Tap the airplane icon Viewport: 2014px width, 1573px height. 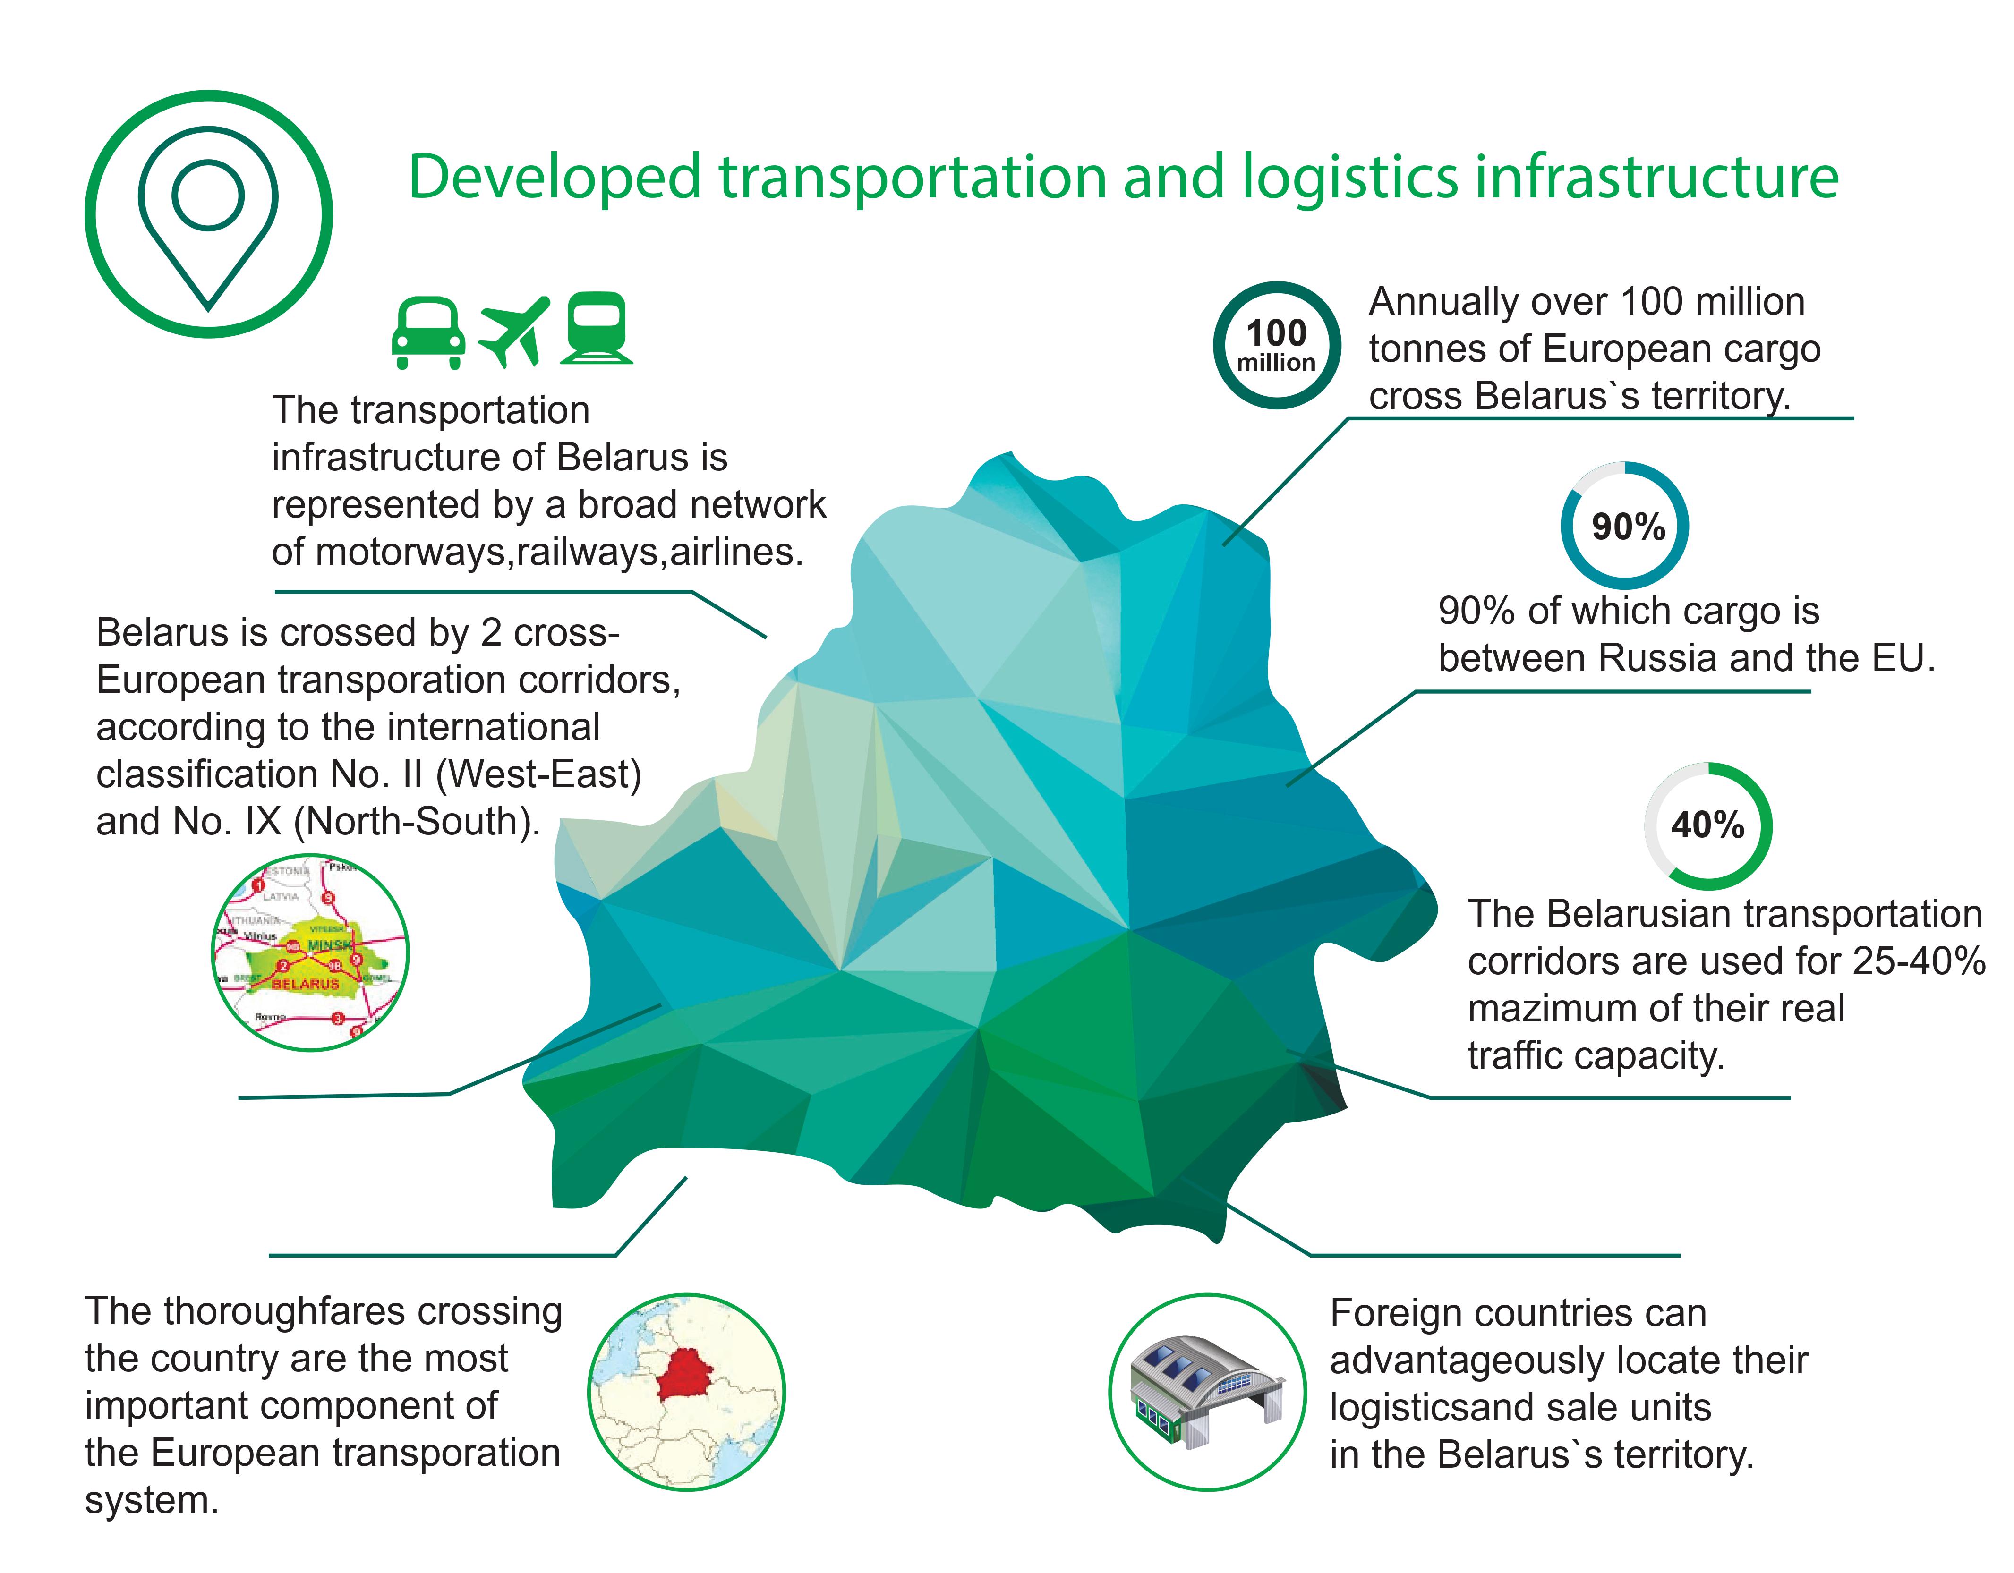pyautogui.click(x=513, y=332)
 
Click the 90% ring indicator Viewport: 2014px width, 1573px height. pyautogui.click(x=1625, y=526)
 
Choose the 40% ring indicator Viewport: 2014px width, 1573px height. pyautogui.click(x=1708, y=825)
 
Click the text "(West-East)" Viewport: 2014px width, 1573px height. pyautogui.click(x=538, y=774)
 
